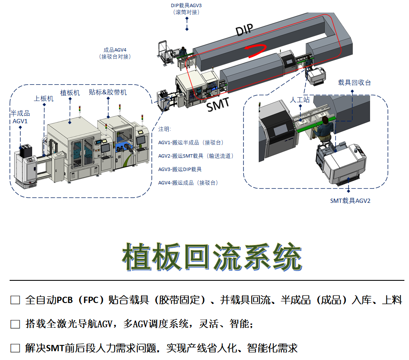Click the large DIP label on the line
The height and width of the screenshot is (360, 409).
244,29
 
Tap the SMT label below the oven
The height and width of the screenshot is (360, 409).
218,104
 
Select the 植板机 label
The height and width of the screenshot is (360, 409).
70,93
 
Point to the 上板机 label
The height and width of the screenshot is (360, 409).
44,98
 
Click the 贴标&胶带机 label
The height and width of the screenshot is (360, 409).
108,92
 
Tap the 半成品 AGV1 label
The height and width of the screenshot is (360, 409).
20,117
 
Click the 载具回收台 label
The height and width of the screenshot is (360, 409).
355,83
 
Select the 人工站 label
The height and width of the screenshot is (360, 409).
300,100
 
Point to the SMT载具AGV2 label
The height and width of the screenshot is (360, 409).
350,201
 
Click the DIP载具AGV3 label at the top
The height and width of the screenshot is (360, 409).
186,9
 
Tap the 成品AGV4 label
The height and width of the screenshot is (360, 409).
115,53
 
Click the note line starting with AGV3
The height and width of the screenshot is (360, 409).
180,169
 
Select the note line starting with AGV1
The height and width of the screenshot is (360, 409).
191,142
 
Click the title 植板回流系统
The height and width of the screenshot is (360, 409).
212,256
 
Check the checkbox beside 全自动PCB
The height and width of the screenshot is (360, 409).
15,300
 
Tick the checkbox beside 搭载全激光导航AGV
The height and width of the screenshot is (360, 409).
15,324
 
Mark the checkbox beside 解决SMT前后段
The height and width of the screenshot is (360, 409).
15,348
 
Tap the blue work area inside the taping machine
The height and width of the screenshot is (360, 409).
125,146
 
